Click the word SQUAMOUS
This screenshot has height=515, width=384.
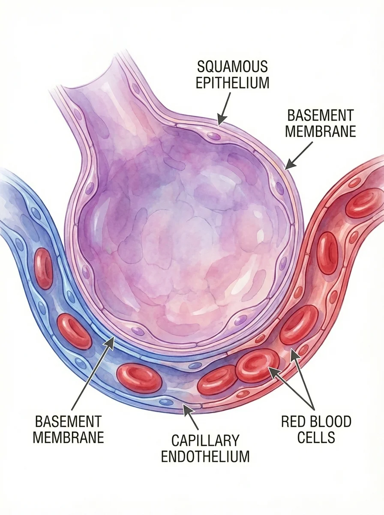click(232, 67)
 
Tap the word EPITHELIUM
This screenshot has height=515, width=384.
click(232, 82)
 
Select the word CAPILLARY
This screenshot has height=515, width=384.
click(205, 440)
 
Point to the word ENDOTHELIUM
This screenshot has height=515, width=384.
click(205, 456)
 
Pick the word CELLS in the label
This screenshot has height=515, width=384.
click(316, 437)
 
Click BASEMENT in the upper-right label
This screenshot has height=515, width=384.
click(321, 115)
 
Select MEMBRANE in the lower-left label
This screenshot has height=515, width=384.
click(69, 437)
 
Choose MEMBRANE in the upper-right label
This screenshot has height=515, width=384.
click(321, 131)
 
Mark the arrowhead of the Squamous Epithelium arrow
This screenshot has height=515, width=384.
click(219, 122)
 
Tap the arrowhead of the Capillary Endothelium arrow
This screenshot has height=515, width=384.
click(185, 408)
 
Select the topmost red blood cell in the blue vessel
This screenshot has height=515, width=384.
click(43, 268)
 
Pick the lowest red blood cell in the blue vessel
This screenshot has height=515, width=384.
click(139, 378)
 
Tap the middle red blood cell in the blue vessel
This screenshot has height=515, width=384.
click(74, 331)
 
